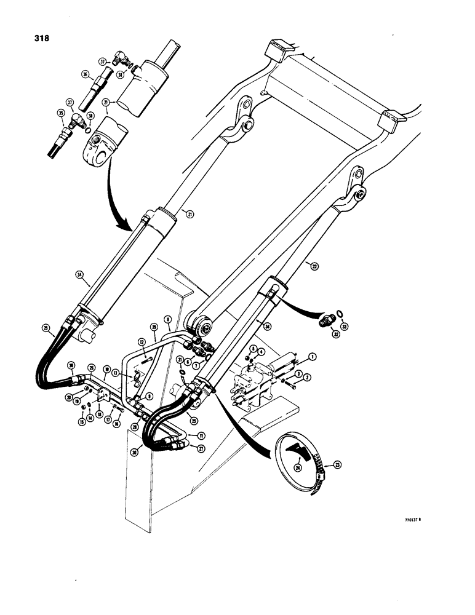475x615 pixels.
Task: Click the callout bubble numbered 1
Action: point(313,356)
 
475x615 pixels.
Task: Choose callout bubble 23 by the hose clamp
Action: point(336,466)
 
